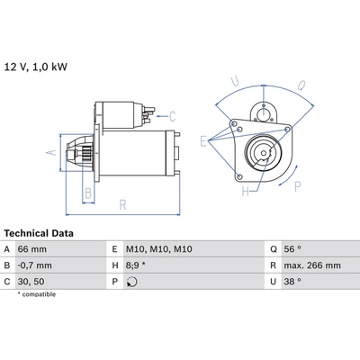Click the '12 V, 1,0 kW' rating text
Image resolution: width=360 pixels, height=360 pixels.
(x=36, y=67)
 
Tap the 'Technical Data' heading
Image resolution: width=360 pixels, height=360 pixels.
(x=39, y=233)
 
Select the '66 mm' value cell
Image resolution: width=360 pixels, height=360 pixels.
(x=32, y=249)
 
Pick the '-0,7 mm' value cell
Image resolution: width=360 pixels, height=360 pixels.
(x=35, y=265)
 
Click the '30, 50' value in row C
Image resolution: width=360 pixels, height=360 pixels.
(x=31, y=282)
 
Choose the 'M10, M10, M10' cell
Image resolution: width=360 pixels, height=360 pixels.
(x=159, y=249)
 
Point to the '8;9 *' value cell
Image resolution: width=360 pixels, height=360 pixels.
(x=136, y=265)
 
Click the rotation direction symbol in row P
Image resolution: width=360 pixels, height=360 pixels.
(x=132, y=282)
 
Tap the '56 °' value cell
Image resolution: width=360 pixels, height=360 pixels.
(x=292, y=249)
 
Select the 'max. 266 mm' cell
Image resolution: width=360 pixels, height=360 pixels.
(x=312, y=265)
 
